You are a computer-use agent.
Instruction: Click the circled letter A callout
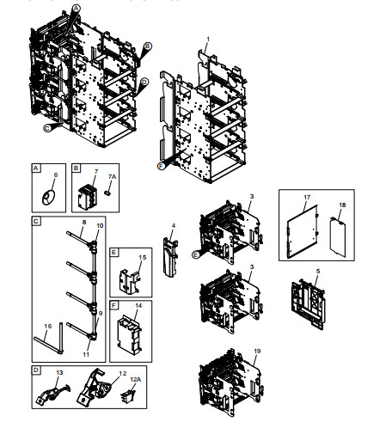point(76,9)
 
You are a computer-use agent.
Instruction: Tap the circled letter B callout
point(148,46)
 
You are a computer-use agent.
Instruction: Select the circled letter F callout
point(162,166)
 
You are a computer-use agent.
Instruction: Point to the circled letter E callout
point(196,254)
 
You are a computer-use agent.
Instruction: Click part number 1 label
point(208,39)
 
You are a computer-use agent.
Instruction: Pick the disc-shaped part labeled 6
point(48,198)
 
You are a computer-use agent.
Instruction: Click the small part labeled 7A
point(107,193)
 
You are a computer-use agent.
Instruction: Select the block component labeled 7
point(88,197)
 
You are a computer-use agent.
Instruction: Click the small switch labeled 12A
point(128,395)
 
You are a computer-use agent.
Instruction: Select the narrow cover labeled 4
point(170,257)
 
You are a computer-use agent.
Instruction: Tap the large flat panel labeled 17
point(303,231)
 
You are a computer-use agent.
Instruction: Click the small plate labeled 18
point(338,237)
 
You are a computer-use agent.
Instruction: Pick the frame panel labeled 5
point(309,304)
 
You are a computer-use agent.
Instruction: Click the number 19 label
point(257,351)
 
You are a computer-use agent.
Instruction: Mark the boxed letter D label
point(36,370)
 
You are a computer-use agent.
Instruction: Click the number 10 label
point(100,226)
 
